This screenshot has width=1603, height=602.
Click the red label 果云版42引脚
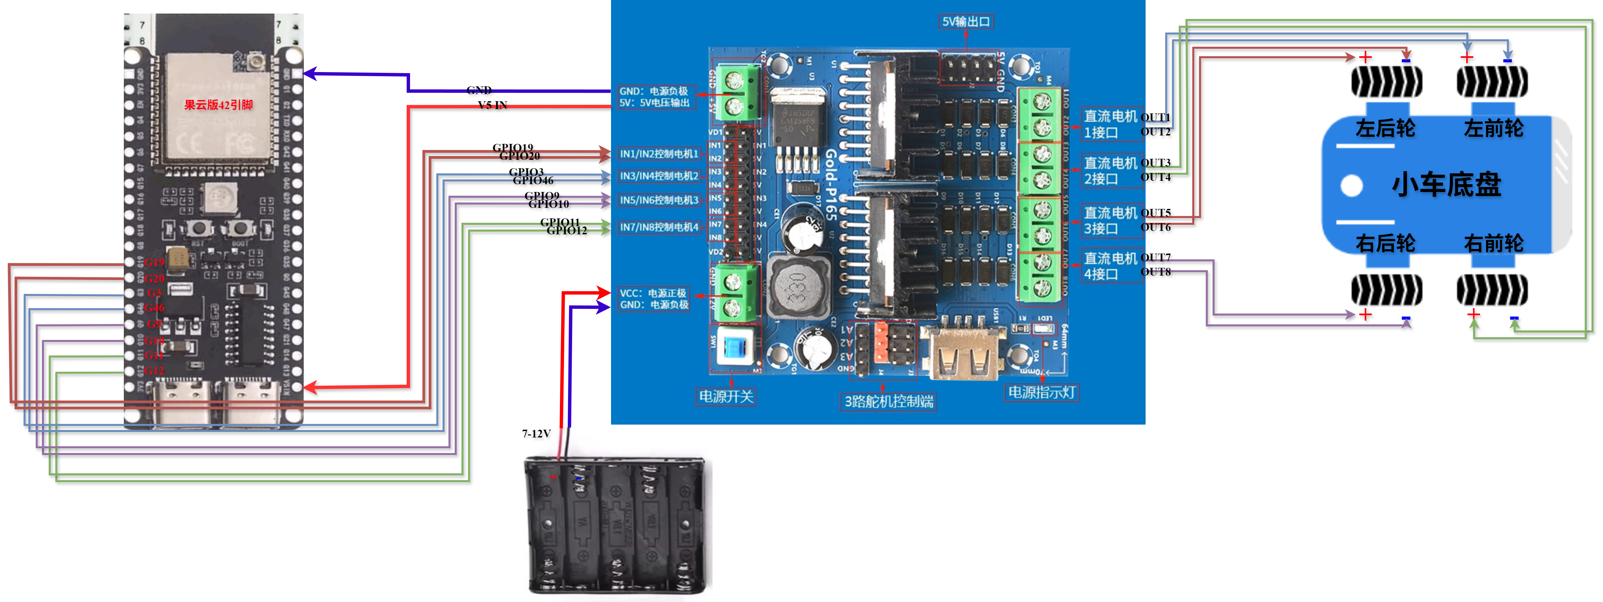tap(218, 105)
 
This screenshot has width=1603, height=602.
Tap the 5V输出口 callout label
tap(966, 22)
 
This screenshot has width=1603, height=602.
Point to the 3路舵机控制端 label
tap(888, 402)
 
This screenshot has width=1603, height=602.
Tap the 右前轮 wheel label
tap(1493, 243)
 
